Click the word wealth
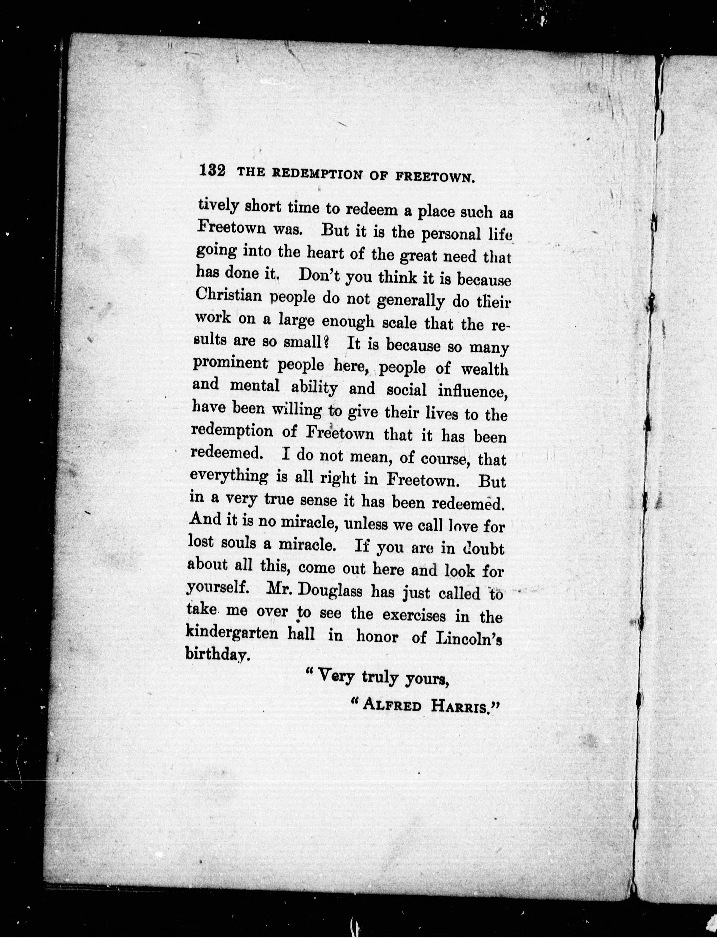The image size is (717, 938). [x=485, y=369]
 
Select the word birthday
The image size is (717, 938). [x=216, y=654]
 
